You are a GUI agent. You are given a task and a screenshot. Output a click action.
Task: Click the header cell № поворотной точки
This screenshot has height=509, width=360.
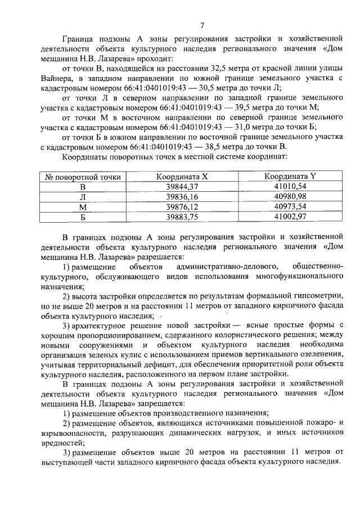[83, 177]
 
